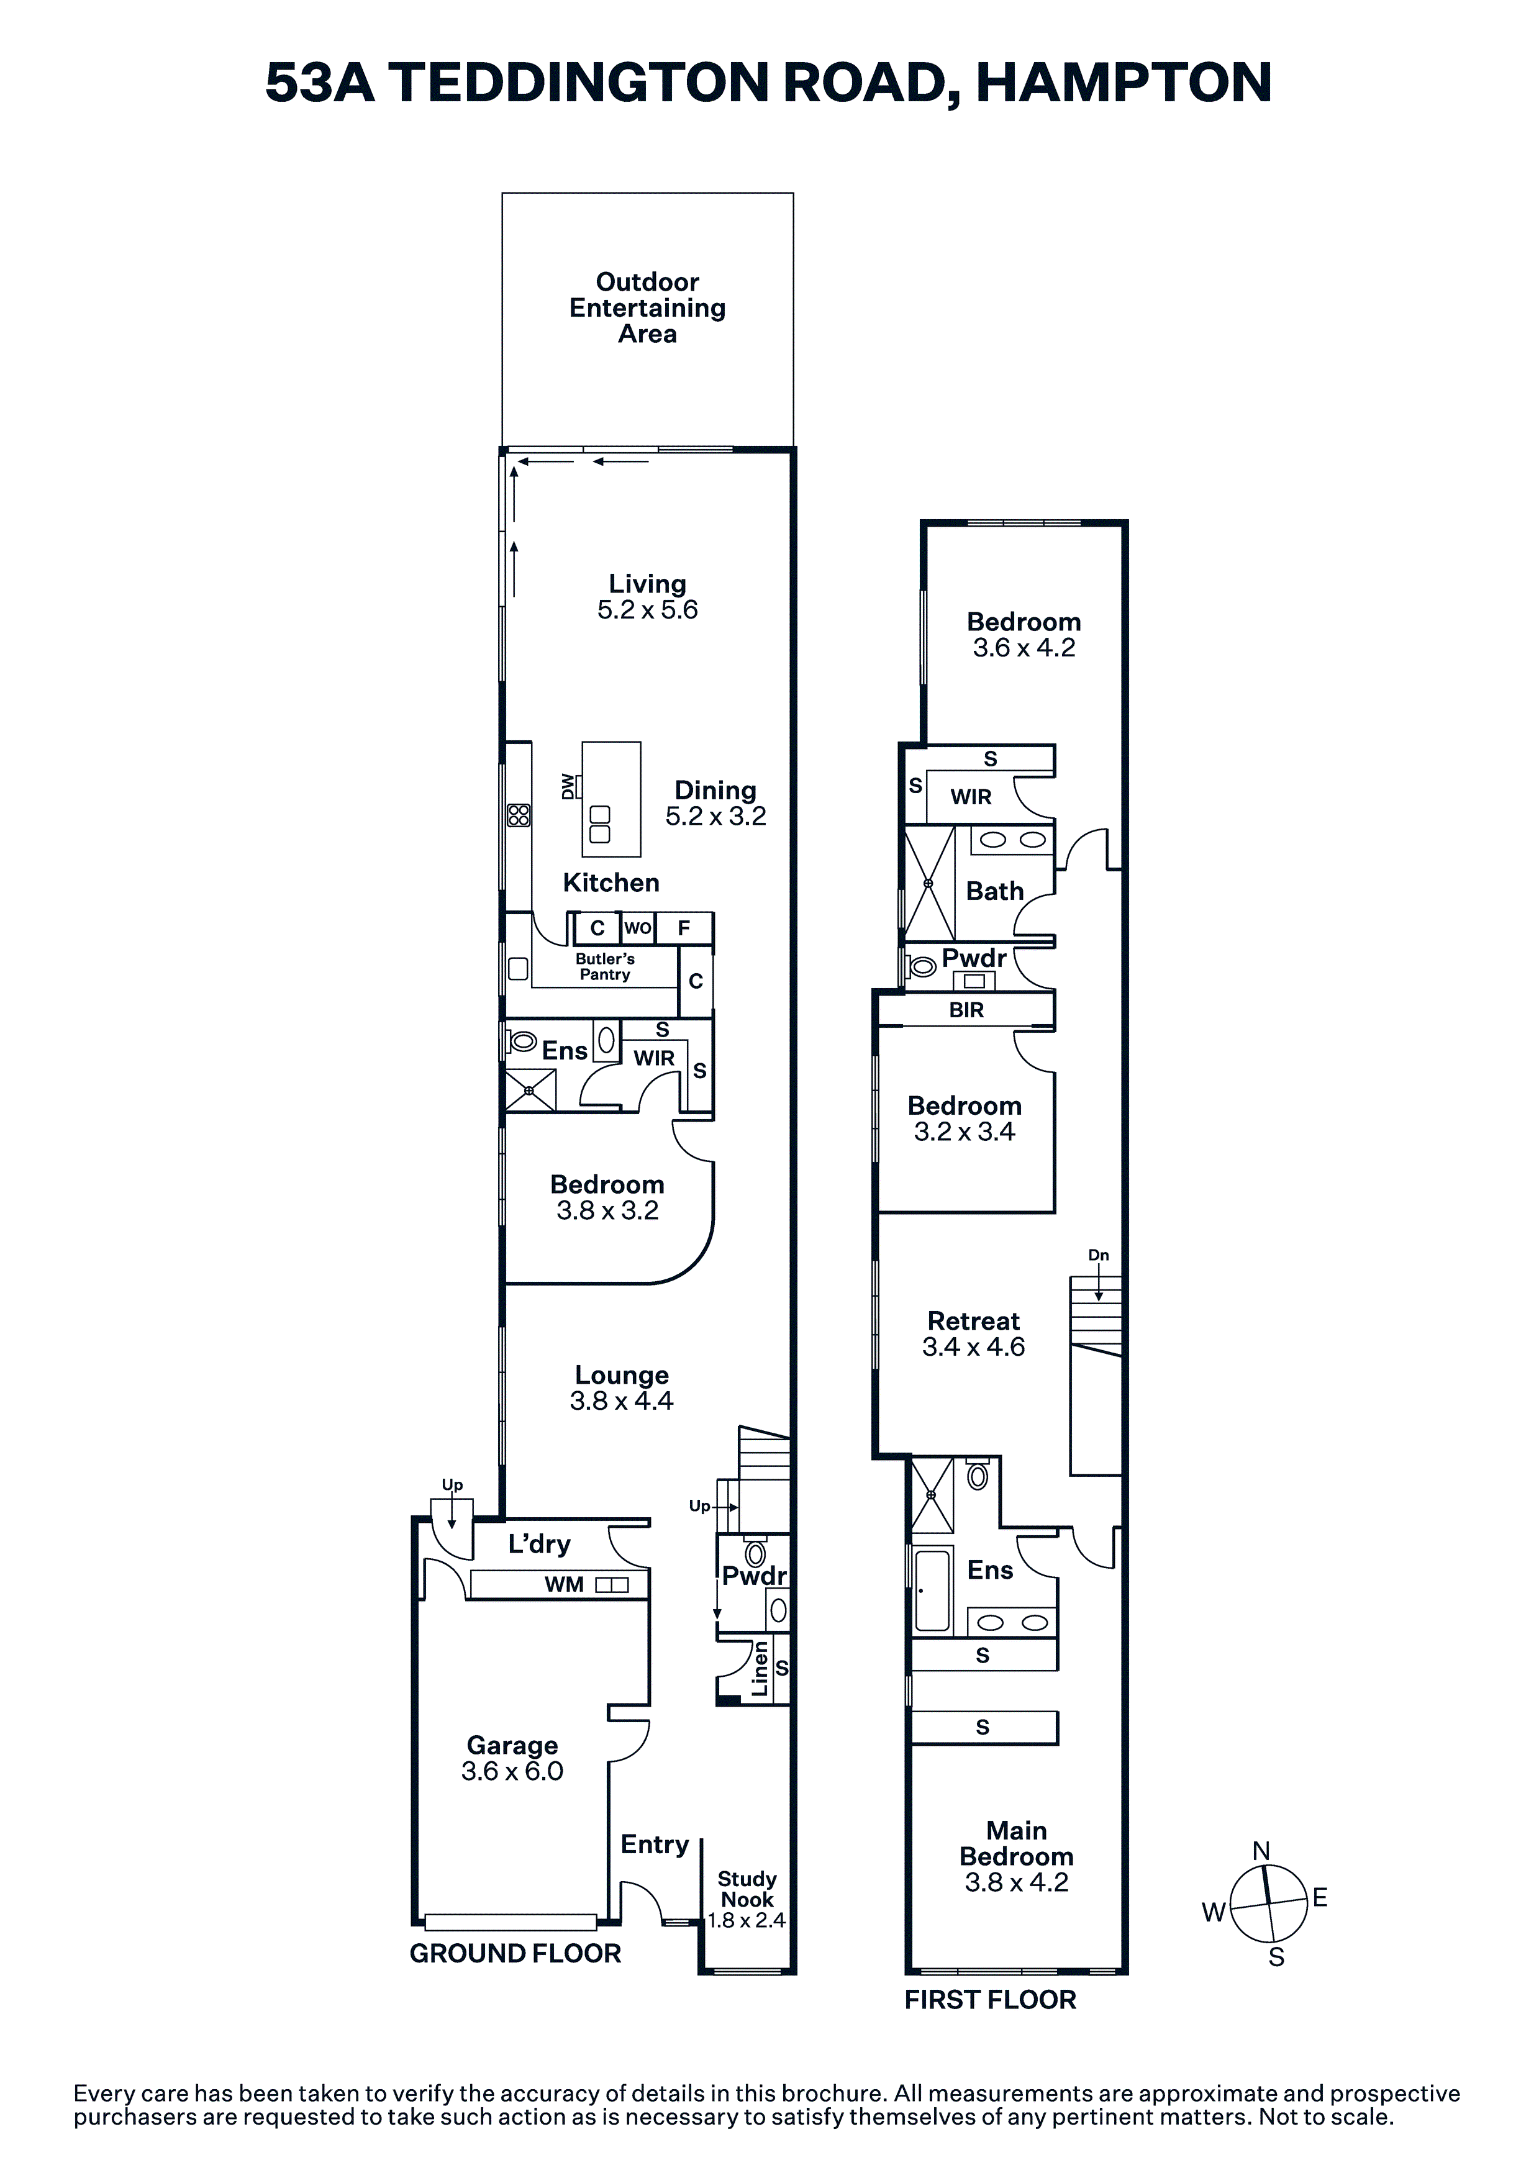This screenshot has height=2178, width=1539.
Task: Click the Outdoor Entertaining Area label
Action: (x=647, y=307)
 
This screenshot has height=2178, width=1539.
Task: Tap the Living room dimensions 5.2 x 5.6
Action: (x=647, y=610)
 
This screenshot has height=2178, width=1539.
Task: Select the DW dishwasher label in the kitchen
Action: (x=568, y=786)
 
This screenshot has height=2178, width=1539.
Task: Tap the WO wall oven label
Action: (x=638, y=928)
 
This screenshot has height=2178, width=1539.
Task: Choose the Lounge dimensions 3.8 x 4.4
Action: (x=622, y=1401)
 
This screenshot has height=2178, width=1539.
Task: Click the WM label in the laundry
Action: (x=563, y=1584)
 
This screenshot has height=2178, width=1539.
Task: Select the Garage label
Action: (x=512, y=1745)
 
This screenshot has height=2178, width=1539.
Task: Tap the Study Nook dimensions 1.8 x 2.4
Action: (x=747, y=1921)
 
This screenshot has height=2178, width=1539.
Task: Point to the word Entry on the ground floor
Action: (x=655, y=1844)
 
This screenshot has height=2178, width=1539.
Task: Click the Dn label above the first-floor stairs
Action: (x=1099, y=1255)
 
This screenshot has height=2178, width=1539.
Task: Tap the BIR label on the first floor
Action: (x=967, y=1010)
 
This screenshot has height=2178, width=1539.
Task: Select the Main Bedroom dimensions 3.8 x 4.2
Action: (x=1016, y=1883)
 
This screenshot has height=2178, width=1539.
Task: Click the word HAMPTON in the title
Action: (x=1124, y=83)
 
